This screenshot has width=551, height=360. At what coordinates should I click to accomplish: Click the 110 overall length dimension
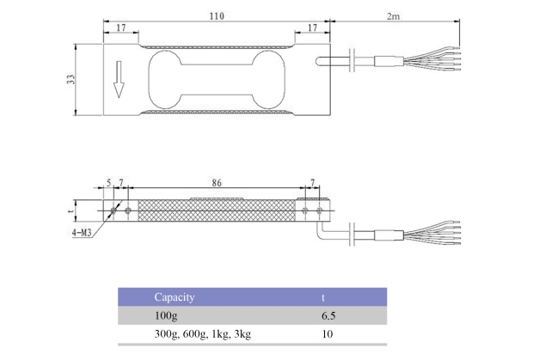click(217, 16)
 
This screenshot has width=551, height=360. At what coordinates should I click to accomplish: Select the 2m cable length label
click(393, 16)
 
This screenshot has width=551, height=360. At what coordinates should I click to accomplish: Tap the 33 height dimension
click(71, 79)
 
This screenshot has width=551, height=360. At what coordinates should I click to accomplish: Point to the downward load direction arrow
click(119, 79)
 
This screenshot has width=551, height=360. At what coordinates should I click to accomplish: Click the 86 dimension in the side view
click(217, 183)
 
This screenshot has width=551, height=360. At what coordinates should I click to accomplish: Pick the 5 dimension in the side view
click(108, 183)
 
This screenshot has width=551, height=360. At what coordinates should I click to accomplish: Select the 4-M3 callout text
click(82, 232)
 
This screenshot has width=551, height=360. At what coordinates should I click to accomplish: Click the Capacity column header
click(174, 297)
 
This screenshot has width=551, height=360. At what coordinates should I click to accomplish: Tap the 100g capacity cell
click(166, 315)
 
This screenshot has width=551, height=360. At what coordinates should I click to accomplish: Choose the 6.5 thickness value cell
click(328, 315)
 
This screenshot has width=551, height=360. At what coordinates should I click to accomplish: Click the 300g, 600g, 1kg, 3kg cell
click(203, 333)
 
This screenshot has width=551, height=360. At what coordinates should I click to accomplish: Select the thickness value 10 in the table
click(328, 333)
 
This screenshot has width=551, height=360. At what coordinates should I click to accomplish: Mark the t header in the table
click(323, 298)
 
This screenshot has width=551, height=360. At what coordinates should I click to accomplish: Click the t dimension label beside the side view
click(71, 211)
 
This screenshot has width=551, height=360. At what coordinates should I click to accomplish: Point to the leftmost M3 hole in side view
click(113, 211)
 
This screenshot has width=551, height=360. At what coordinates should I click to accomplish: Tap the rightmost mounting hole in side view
click(319, 211)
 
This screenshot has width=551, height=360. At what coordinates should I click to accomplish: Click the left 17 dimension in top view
click(121, 27)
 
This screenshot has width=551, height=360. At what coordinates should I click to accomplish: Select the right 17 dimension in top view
click(312, 27)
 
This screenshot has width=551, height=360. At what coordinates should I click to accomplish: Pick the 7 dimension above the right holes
click(312, 183)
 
